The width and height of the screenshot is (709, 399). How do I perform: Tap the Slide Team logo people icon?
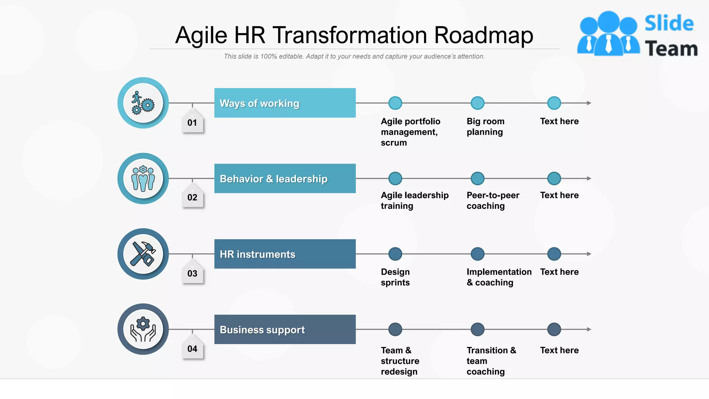pyautogui.click(x=608, y=34)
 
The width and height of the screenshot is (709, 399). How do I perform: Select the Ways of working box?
pyautogui.click(x=285, y=103)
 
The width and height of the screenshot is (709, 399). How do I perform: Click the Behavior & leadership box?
pyautogui.click(x=285, y=178)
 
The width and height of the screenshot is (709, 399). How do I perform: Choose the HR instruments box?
pyautogui.click(x=285, y=254)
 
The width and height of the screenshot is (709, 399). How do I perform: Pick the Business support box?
pyautogui.click(x=285, y=329)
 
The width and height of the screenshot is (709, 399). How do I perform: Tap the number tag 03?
pyautogui.click(x=192, y=273)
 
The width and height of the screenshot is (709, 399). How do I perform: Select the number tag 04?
pyautogui.click(x=192, y=348)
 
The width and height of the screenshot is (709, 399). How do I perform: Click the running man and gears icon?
pyautogui.click(x=143, y=103)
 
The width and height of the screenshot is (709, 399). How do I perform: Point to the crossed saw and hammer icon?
pyautogui.click(x=143, y=254)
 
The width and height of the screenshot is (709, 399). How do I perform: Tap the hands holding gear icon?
pyautogui.click(x=143, y=329)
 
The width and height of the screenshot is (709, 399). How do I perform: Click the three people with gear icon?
pyautogui.click(x=143, y=178)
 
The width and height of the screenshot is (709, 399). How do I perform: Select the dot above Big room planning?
pyautogui.click(x=477, y=103)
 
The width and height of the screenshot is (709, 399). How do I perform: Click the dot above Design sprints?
pyautogui.click(x=395, y=254)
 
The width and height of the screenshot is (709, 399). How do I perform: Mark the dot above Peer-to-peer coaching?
pyautogui.click(x=477, y=178)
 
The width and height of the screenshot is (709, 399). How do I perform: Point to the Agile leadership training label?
pyautogui.click(x=414, y=201)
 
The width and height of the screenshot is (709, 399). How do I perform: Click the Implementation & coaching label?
pyautogui.click(x=499, y=277)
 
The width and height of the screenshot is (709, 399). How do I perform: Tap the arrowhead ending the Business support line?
pyautogui.click(x=589, y=329)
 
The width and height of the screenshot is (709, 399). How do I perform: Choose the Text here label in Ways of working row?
pyautogui.click(x=559, y=121)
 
